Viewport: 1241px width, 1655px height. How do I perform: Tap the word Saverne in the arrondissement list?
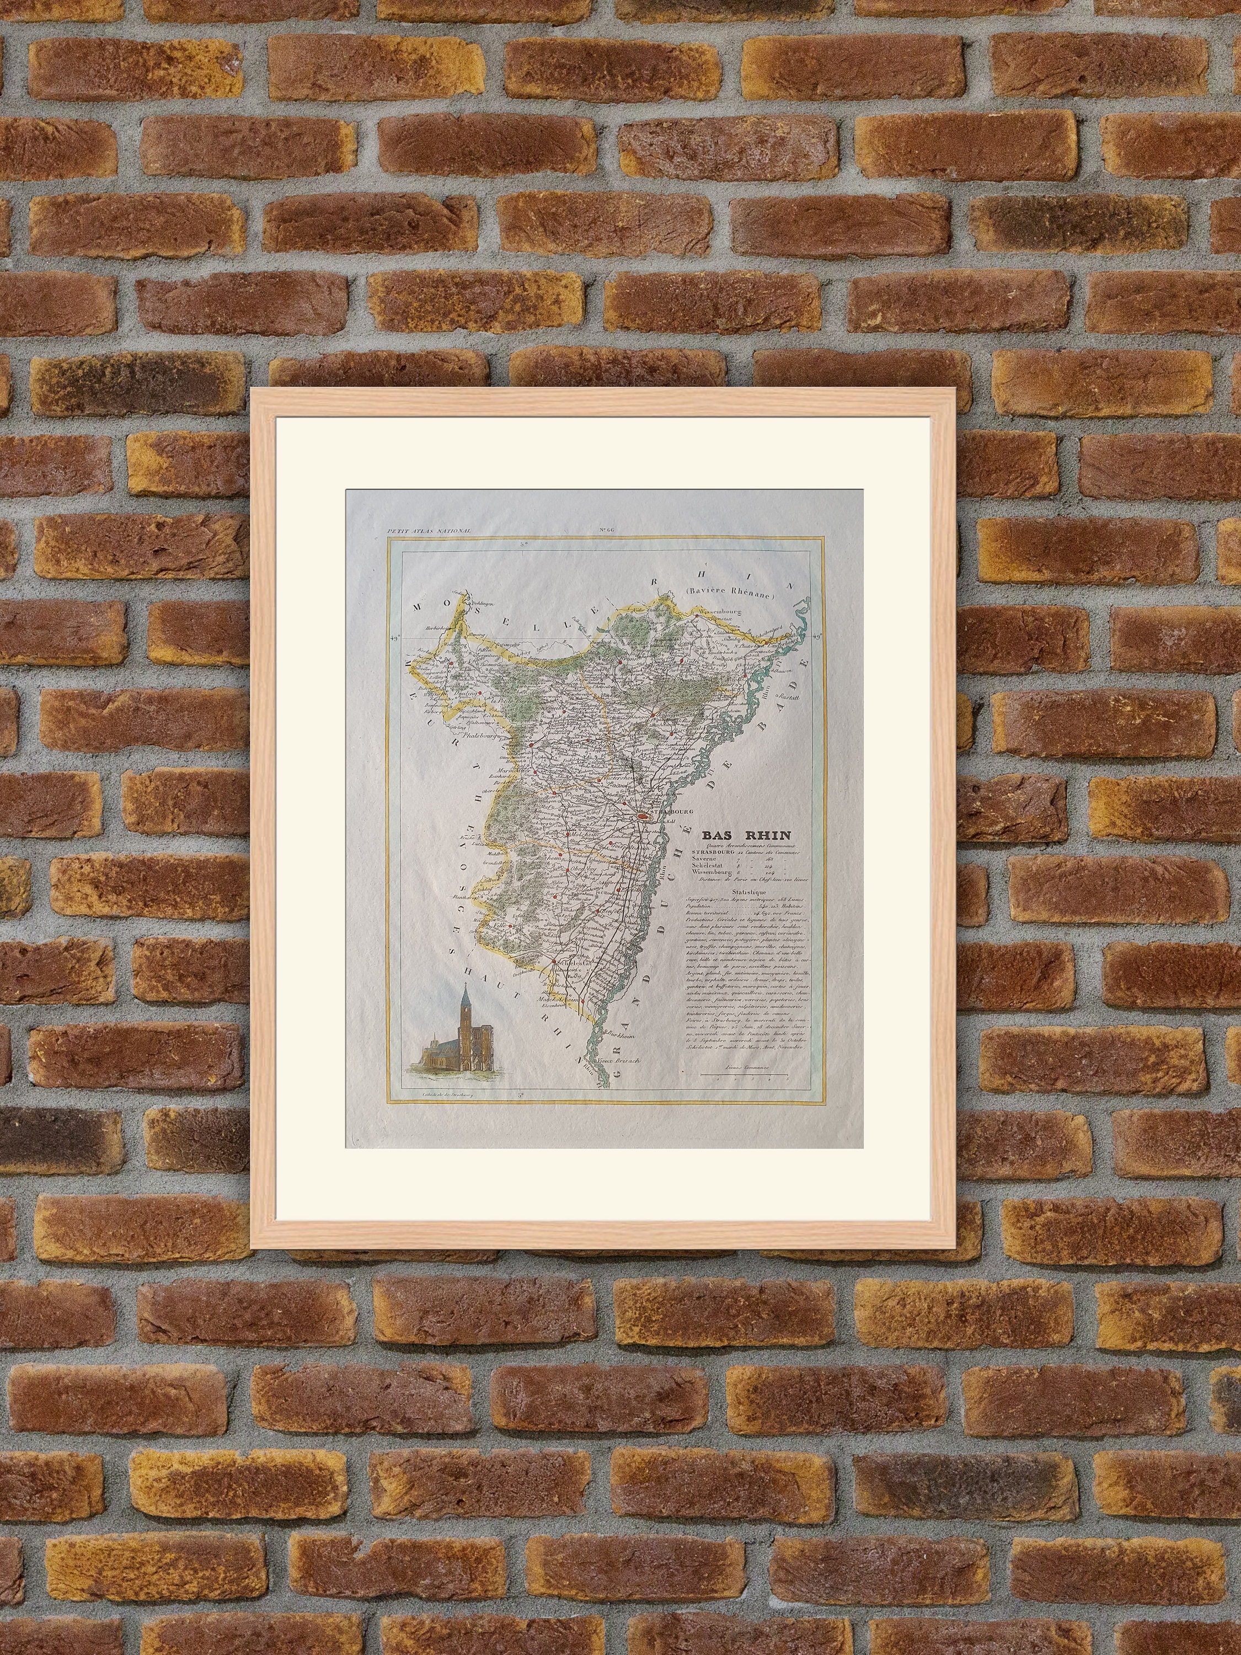coord(710,859)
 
